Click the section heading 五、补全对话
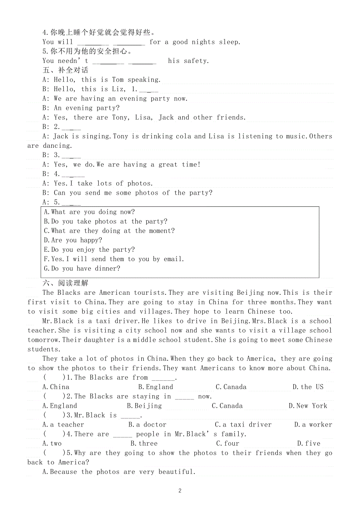point(65,70)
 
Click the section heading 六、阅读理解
point(65,283)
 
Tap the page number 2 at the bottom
point(180,491)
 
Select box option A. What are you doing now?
point(89,212)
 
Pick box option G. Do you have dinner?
point(82,269)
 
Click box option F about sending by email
point(113,259)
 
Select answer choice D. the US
point(308,387)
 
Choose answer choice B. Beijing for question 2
point(144,406)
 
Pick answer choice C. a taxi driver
point(243,425)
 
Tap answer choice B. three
point(144,443)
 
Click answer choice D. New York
point(308,406)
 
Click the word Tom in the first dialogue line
point(118,80)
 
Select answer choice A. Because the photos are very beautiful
point(119,472)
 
